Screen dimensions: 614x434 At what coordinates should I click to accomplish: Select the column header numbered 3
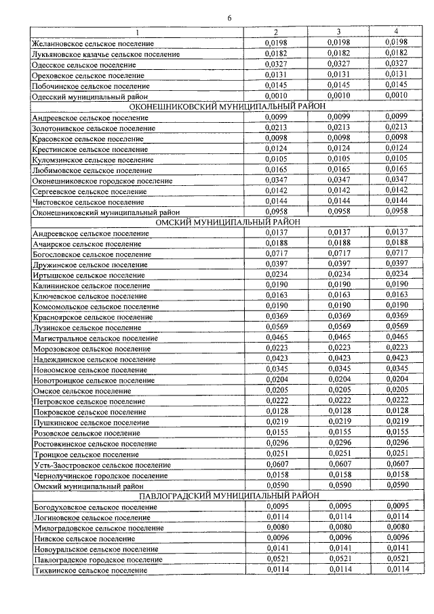(338, 33)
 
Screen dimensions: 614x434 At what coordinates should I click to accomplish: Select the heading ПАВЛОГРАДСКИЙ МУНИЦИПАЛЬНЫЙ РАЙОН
(223, 495)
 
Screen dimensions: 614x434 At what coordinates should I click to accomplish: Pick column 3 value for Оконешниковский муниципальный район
(338, 212)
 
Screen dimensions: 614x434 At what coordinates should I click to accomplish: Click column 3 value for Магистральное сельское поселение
(338, 337)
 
